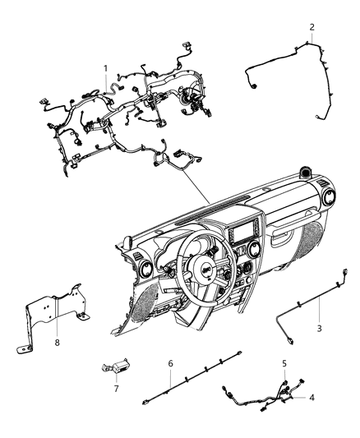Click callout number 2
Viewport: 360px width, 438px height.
click(312, 27)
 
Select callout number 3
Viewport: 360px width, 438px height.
click(320, 327)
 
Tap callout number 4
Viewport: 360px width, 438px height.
click(312, 398)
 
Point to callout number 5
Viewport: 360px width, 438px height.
click(284, 362)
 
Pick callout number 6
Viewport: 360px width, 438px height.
click(170, 362)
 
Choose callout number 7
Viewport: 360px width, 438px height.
click(116, 388)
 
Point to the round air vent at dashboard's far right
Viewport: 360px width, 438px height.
click(329, 197)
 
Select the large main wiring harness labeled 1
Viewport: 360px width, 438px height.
click(123, 123)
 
